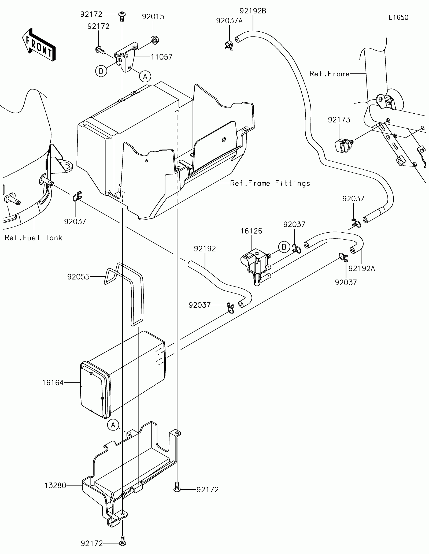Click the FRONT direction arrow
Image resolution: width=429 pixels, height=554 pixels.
coord(39,44)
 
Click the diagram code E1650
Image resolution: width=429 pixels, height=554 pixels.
coord(398,18)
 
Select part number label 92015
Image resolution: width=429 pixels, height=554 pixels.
coord(153,17)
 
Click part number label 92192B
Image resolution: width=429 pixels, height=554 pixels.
coord(253,11)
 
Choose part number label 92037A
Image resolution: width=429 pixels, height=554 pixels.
coord(230,21)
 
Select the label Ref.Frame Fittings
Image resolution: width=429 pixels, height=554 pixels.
coord(270,183)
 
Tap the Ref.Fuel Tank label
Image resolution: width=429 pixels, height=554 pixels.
coord(34,238)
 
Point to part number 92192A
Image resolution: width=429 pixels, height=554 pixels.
coord(362,268)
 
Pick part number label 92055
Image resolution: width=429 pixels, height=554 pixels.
coord(78,277)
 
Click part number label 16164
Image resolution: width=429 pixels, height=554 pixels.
coord(53,383)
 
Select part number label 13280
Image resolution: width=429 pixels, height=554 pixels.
coord(55,493)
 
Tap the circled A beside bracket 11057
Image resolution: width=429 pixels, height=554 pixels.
coord(145,77)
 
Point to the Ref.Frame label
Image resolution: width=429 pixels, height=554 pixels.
coord(330,74)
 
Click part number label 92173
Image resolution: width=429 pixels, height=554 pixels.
coord(339,120)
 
